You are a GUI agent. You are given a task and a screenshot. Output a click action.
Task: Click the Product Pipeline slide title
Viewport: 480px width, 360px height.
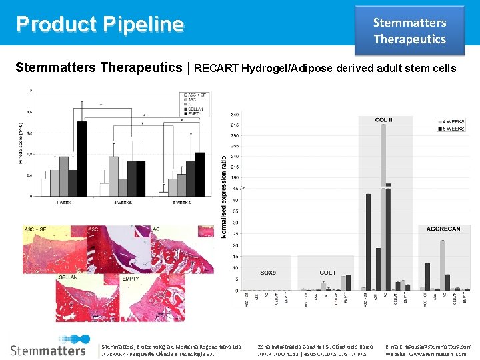point(100,24)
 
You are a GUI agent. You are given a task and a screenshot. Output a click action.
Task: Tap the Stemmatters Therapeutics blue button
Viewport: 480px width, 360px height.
point(409,31)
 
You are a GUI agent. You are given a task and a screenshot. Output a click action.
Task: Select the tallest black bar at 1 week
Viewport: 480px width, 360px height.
point(82,159)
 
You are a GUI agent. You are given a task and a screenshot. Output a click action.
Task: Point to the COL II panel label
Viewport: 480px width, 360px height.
point(385,120)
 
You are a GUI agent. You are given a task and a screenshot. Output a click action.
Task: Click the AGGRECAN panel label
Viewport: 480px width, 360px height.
point(443,229)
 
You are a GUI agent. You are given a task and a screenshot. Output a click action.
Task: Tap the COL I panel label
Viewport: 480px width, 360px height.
point(327,273)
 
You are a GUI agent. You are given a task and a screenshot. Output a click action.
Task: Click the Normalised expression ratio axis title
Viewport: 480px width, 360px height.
point(224,197)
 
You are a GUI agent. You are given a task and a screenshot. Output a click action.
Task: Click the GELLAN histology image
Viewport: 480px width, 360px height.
point(87,297)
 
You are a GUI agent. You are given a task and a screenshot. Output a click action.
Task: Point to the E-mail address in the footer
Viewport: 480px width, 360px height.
point(428,347)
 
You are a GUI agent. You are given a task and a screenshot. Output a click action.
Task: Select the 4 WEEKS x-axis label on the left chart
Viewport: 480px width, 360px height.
point(122,202)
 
